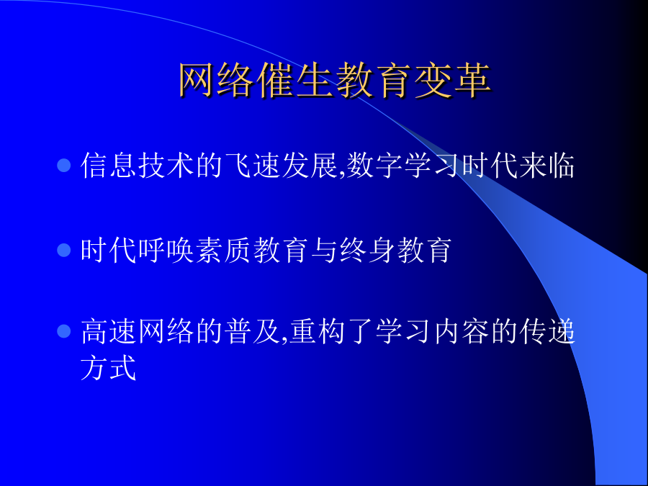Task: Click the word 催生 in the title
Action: [x=295, y=80]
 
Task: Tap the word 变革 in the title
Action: [x=452, y=80]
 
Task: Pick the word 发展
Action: [x=310, y=166]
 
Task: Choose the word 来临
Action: [x=546, y=166]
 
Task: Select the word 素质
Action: [x=224, y=250]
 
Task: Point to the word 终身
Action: [x=368, y=250]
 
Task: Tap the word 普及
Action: [x=253, y=331]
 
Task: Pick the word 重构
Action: [x=318, y=331]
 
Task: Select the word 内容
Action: [x=462, y=331]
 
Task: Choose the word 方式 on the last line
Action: [x=108, y=367]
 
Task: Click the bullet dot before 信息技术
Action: [x=64, y=166]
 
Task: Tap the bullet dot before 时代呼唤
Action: [x=64, y=250]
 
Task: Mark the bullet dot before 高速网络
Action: [x=64, y=331]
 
